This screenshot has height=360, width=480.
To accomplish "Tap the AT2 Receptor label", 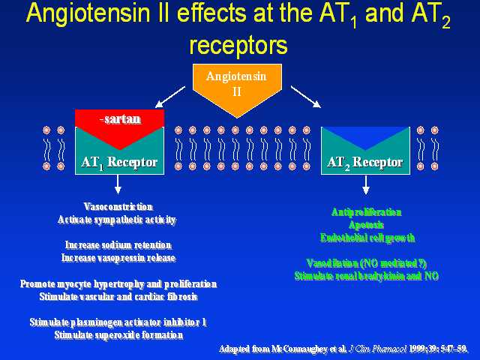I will pyautogui.click(x=365, y=162).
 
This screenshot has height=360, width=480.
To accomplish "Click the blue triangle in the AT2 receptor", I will pyautogui.click(x=365, y=137).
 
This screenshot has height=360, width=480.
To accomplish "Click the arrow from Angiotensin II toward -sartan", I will pyautogui.click(x=171, y=95).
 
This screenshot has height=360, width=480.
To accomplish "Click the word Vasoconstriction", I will pyautogui.click(x=118, y=206).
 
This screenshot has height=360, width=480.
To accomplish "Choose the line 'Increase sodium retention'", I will pyautogui.click(x=118, y=245).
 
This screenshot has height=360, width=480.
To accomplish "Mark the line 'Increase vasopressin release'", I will pyautogui.click(x=118, y=258).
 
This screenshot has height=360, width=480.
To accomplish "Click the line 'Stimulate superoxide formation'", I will pyautogui.click(x=118, y=335).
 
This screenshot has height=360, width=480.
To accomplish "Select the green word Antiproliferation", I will pyautogui.click(x=367, y=212).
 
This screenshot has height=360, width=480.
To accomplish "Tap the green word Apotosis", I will pyautogui.click(x=367, y=225).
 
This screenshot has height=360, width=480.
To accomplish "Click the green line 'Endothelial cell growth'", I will pyautogui.click(x=367, y=238).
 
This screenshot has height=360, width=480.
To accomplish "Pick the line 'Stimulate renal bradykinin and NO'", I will pyautogui.click(x=367, y=276).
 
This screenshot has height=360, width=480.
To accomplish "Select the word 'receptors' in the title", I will pyautogui.click(x=238, y=46).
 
